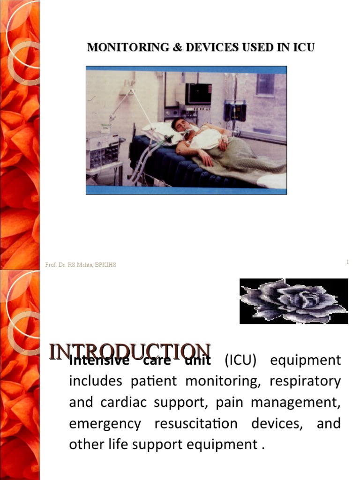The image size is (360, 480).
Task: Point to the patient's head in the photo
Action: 180,125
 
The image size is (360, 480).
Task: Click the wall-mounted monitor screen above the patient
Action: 198,93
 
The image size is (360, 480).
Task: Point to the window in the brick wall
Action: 265,84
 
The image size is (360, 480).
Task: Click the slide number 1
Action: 347,262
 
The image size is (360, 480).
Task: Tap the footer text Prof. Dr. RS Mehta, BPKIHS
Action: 81,265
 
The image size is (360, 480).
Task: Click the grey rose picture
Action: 293,301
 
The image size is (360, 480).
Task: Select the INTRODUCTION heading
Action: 130,352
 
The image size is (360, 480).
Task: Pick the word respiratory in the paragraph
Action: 305,382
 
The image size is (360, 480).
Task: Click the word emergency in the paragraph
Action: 105,424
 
